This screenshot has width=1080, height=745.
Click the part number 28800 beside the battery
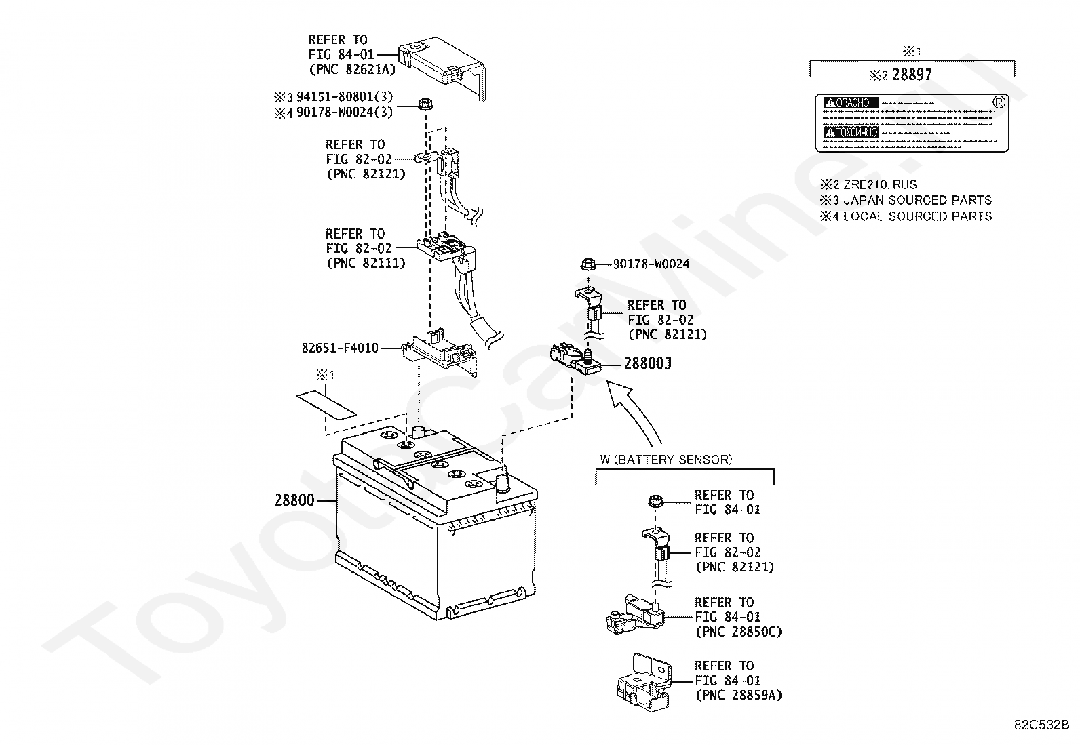click(x=294, y=500)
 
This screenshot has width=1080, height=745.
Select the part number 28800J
click(x=647, y=364)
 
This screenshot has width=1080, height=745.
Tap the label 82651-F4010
click(x=340, y=348)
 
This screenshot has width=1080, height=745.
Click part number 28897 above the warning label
click(x=912, y=75)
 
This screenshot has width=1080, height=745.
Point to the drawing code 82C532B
click(x=1041, y=724)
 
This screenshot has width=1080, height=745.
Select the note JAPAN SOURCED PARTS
click(x=917, y=200)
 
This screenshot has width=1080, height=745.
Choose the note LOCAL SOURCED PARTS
click(x=917, y=216)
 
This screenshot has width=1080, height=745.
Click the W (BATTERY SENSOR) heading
click(x=666, y=460)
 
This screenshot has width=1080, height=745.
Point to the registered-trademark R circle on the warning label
click(x=998, y=102)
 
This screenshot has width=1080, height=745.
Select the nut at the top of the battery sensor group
click(x=655, y=502)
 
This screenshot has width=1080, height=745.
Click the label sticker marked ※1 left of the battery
click(x=326, y=403)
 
